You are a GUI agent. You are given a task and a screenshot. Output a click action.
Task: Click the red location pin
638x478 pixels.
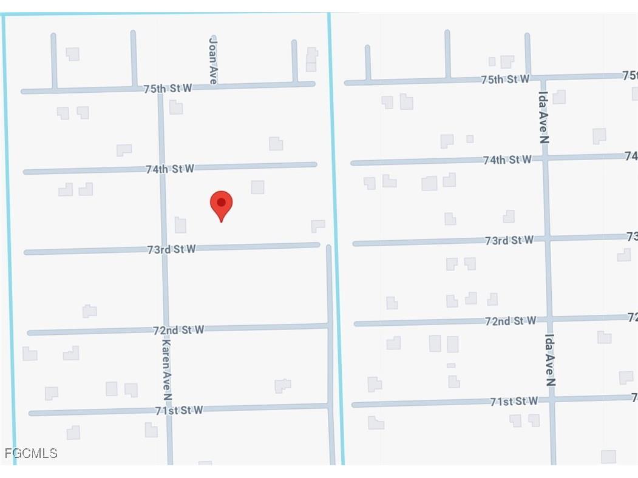[x=222, y=204]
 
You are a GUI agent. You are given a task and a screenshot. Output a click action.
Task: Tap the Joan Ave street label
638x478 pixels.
[x=212, y=60]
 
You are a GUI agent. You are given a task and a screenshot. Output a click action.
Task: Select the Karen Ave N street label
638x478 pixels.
[x=166, y=369]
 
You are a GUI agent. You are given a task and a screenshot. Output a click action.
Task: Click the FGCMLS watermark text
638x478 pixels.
[x=31, y=453]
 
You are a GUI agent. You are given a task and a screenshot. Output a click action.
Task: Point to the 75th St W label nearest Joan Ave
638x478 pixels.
[x=168, y=88]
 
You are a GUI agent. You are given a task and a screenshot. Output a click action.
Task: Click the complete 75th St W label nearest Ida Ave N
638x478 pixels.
[x=505, y=79]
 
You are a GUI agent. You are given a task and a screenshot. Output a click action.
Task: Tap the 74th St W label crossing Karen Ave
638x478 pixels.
[x=170, y=169]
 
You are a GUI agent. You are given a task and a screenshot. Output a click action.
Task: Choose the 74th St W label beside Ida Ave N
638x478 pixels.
[x=507, y=160]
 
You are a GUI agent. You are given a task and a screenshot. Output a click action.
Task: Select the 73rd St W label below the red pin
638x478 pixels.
[x=171, y=249]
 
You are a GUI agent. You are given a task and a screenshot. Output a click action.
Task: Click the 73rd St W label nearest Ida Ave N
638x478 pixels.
[x=509, y=240]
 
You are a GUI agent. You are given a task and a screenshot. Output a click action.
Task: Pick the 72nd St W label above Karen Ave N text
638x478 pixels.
[x=178, y=329]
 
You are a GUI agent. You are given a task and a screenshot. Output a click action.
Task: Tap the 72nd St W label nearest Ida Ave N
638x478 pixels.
[x=511, y=320]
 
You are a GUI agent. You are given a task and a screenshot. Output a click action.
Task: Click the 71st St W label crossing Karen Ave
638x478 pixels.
[x=178, y=410]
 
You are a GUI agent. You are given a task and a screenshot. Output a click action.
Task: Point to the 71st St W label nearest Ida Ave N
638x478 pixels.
[x=514, y=401]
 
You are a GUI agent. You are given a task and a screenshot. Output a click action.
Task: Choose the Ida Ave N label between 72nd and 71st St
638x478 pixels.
[x=550, y=360]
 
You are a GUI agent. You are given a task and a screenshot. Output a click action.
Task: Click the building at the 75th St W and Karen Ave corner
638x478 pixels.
[x=176, y=107]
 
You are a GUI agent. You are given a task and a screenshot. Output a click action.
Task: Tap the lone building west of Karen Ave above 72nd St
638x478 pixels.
[x=89, y=311]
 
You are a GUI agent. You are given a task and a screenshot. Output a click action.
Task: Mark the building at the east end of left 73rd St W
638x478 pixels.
[x=318, y=226]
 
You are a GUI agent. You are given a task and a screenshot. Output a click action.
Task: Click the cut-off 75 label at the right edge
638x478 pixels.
[x=630, y=75]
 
